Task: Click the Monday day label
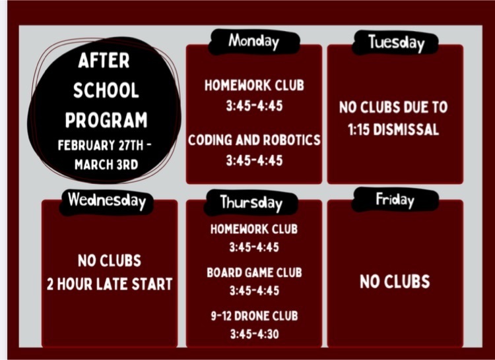coord(254,42)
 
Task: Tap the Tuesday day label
coord(396,43)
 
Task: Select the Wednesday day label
coord(107,200)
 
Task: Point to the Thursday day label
coord(251,202)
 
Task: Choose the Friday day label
coord(395,200)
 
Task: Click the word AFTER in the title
coord(104,61)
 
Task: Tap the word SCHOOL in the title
coord(106,90)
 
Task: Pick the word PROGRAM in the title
coord(106,120)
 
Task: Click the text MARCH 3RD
coord(106,165)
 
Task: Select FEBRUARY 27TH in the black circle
coord(98,145)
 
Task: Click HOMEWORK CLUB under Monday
coord(254,86)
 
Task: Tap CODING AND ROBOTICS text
coord(254,140)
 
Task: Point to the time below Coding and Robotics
coord(254,160)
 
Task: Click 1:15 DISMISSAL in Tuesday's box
coord(393,129)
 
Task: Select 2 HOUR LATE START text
coord(110,284)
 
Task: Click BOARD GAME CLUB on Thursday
coord(254,273)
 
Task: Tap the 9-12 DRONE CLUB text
coord(254,316)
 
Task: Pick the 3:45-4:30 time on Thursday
coord(254,334)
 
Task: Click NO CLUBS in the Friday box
coord(395,282)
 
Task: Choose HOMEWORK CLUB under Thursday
coord(254,229)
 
